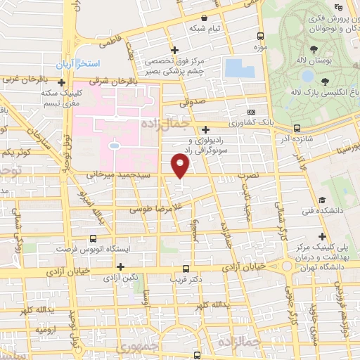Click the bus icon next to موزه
261,36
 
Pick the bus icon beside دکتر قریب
186,269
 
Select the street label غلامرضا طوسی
152,209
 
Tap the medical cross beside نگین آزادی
120,266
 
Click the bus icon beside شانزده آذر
297,129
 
